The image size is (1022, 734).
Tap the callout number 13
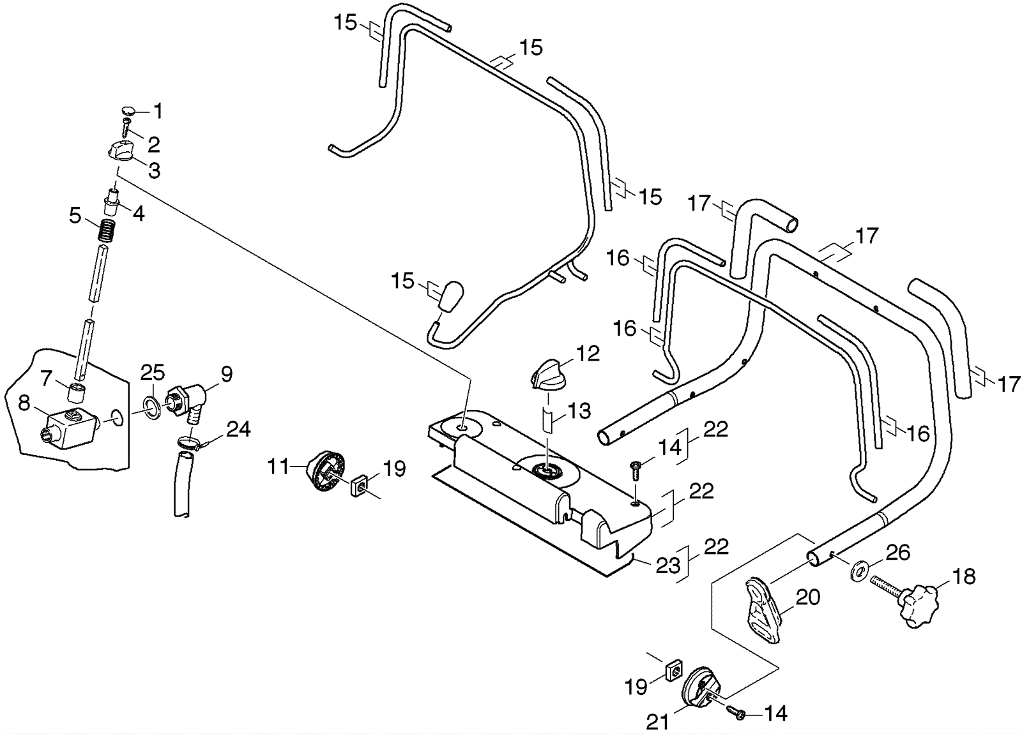click(x=579, y=411)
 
